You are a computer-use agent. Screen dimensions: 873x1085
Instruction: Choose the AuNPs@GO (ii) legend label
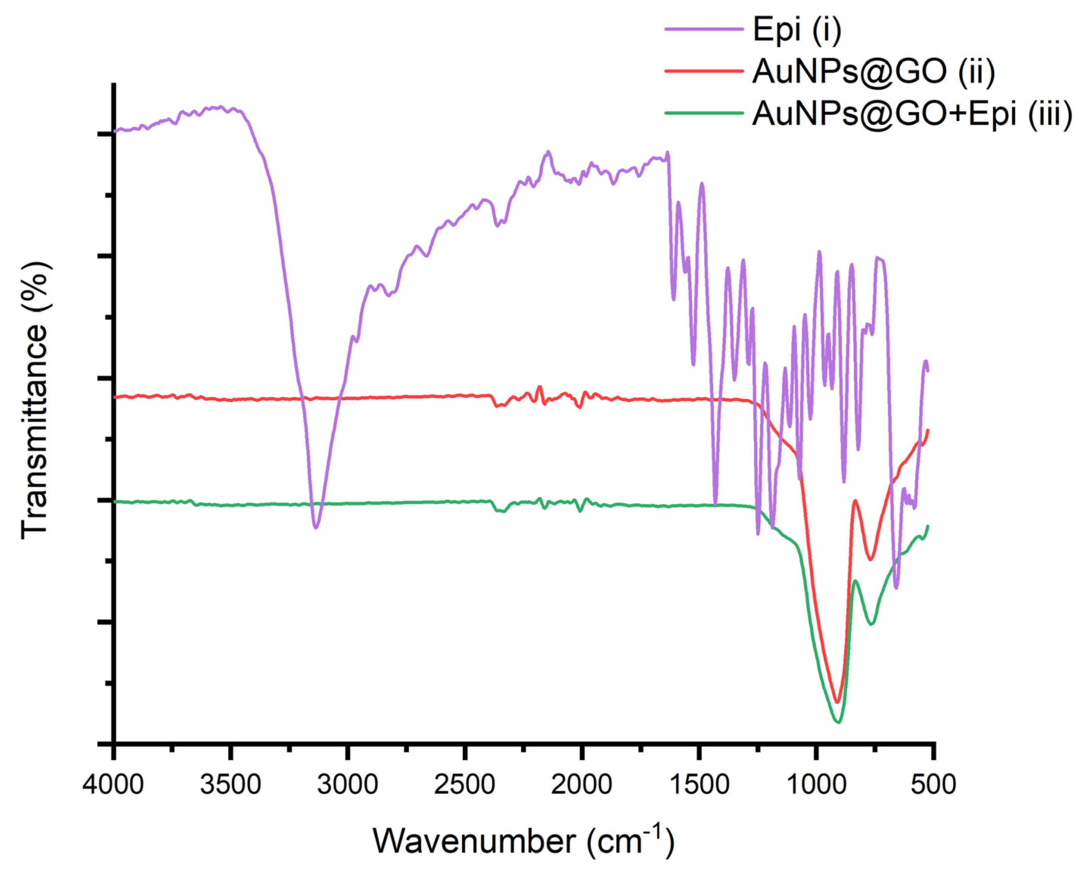pos(873,71)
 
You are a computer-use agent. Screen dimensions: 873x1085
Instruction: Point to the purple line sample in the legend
pos(704,29)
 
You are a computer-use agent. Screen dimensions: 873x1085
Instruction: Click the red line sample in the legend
pos(704,71)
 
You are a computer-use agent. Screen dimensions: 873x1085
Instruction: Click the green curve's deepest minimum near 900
pos(838,723)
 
